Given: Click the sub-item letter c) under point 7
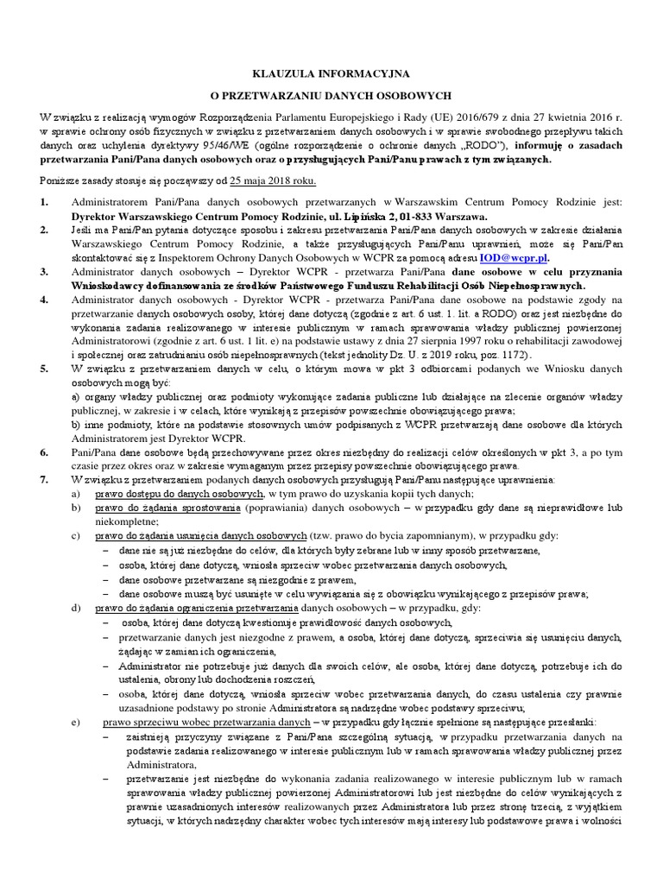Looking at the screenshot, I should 77,535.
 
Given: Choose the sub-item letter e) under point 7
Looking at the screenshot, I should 77,721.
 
